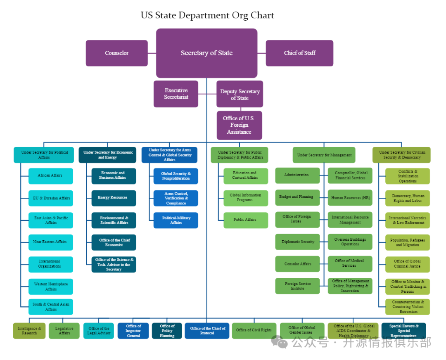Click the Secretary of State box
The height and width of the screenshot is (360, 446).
point(206,53)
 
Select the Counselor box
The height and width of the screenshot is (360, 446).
point(117,53)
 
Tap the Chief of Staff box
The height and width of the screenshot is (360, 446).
point(299,53)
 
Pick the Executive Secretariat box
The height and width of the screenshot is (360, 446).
point(176,94)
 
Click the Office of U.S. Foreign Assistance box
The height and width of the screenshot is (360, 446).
point(239,125)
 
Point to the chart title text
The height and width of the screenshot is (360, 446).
point(207,16)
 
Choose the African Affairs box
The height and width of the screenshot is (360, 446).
point(50,176)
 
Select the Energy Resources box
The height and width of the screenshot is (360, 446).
point(114,198)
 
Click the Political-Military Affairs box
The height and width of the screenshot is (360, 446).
point(176,220)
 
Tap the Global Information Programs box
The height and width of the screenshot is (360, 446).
point(246,198)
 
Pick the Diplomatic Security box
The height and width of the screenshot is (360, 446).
point(298,242)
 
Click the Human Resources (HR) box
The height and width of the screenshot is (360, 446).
point(350,198)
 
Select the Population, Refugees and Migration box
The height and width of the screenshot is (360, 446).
point(408,242)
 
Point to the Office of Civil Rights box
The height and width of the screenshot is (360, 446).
point(254,330)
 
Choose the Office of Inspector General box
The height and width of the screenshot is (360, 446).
point(133,331)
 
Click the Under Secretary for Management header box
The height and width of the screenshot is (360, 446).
point(324,155)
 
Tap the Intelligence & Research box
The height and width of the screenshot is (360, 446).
point(29,331)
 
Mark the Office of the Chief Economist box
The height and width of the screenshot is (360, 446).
point(114,242)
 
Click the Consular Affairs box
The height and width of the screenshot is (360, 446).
point(298,264)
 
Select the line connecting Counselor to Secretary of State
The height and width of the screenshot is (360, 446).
point(152,53)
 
